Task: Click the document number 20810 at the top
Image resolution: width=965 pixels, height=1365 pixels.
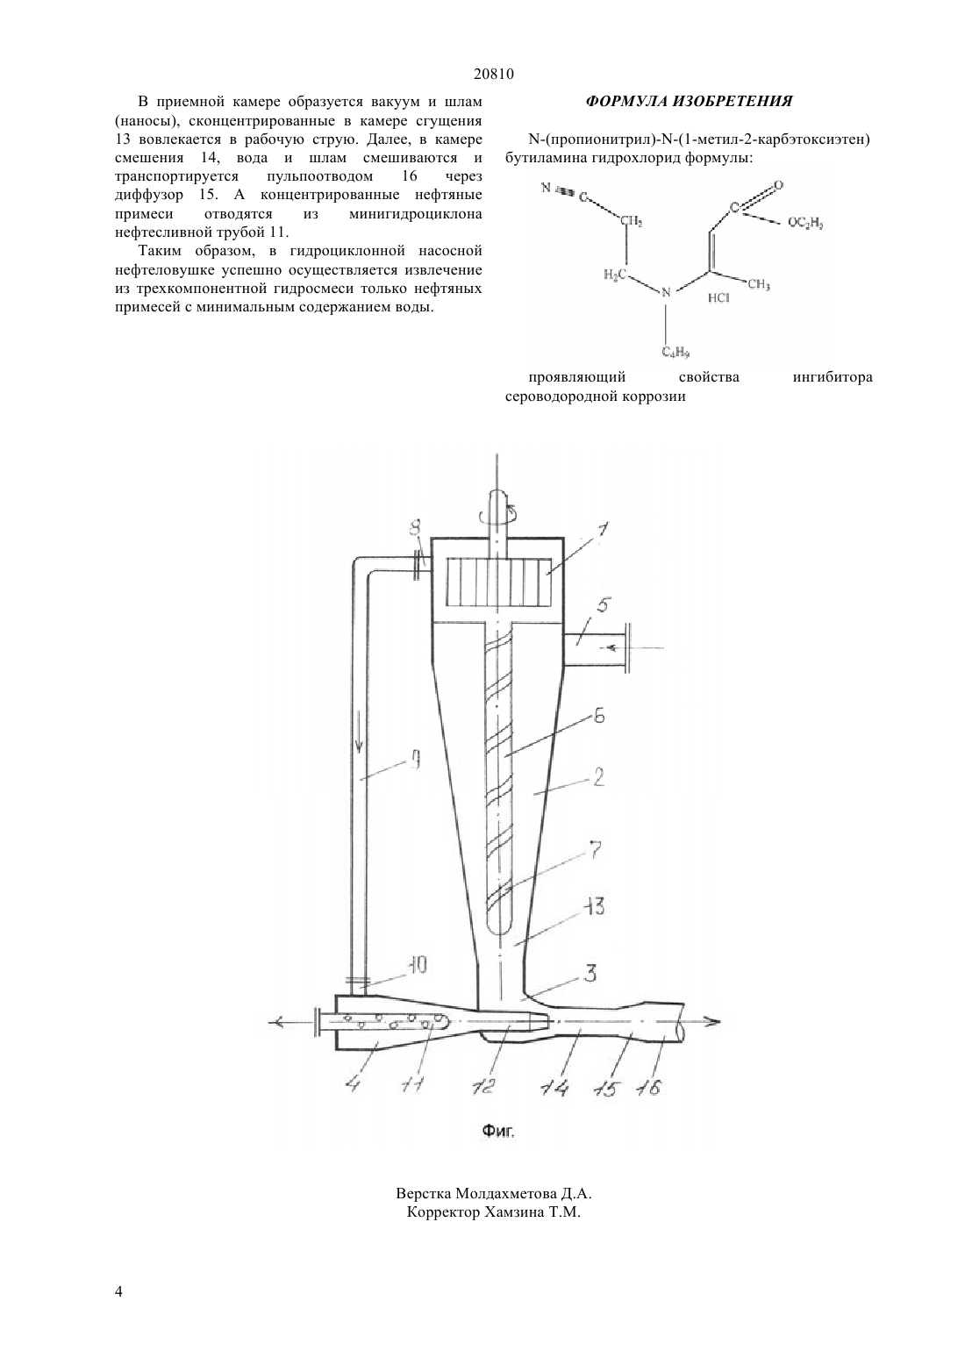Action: (x=493, y=74)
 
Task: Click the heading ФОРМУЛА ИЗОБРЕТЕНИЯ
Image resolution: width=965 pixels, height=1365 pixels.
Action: (x=689, y=101)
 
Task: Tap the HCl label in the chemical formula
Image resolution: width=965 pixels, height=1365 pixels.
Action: (x=718, y=298)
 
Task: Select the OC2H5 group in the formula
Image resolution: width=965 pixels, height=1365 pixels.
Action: (x=804, y=224)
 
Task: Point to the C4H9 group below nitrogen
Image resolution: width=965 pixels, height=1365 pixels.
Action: (x=675, y=352)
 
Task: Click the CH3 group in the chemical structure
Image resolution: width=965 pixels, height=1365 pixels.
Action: (x=759, y=284)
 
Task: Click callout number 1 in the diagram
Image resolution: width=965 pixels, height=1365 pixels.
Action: (x=601, y=530)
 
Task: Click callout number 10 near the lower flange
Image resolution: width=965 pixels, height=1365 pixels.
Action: (x=417, y=965)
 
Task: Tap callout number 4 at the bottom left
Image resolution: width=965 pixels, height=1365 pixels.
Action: (x=353, y=1087)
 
